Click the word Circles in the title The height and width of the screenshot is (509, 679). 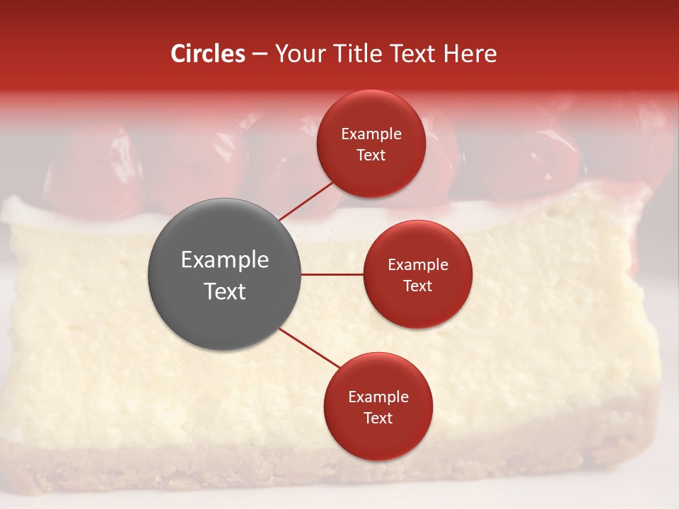[208, 54]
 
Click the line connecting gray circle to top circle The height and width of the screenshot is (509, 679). [306, 201]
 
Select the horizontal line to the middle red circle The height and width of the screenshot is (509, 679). [332, 274]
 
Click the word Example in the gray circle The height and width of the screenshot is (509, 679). [225, 260]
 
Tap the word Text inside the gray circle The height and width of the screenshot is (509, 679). [225, 291]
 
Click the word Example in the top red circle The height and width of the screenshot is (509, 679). [371, 134]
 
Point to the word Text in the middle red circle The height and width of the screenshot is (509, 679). [417, 286]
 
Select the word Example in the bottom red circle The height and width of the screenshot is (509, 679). [378, 397]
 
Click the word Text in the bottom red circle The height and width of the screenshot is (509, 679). [378, 418]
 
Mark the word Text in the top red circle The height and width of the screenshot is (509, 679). [371, 155]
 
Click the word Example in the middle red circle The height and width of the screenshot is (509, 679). [417, 265]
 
